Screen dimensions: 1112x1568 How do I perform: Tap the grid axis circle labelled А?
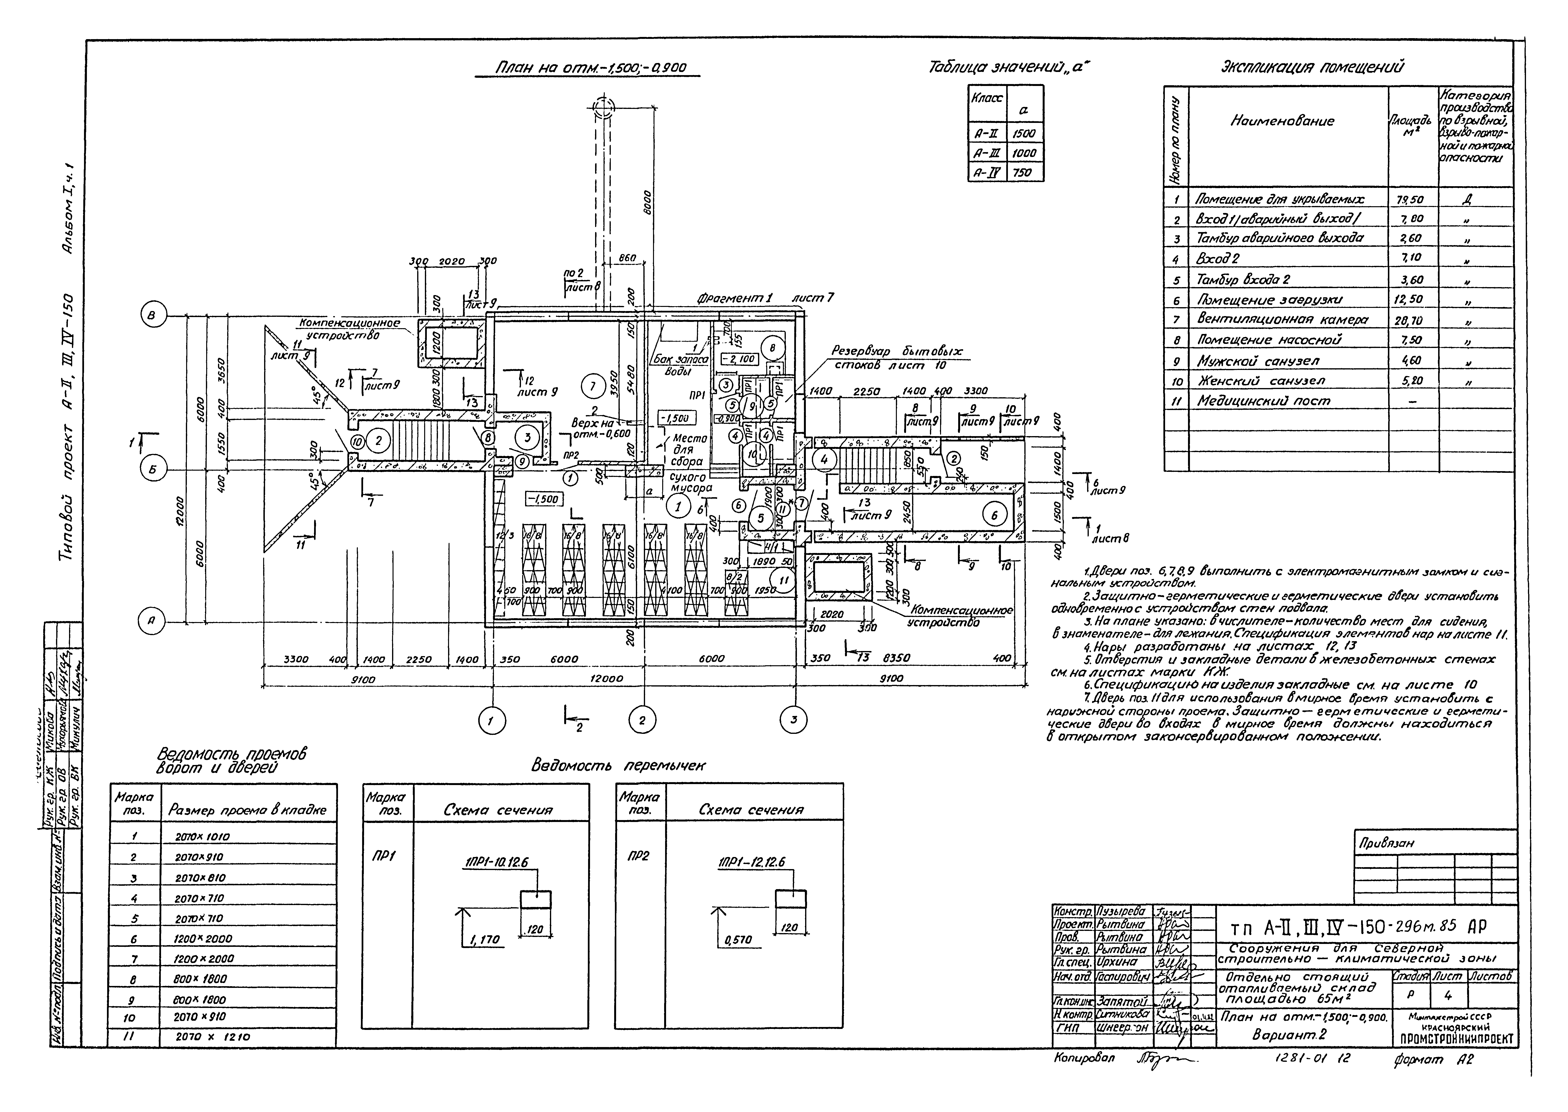(152, 622)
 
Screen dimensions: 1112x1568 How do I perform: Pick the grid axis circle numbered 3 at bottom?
(793, 720)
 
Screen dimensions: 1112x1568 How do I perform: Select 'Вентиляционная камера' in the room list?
(1282, 320)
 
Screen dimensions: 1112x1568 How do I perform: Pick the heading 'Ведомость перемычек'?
(618, 765)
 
